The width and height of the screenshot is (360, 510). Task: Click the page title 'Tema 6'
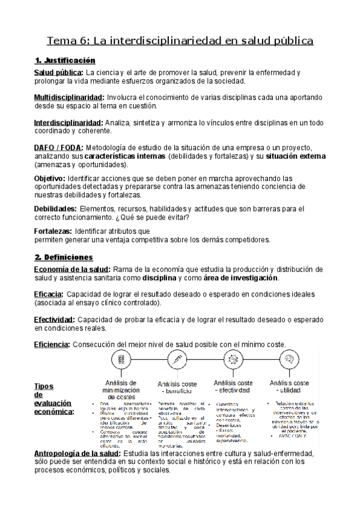coord(67,41)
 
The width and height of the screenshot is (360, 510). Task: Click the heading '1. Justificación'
coord(65,61)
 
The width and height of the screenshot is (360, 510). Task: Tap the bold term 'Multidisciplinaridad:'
coord(69,97)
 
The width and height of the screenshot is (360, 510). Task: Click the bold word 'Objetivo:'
coord(50,178)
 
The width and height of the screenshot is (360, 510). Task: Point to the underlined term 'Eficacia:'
coord(49,294)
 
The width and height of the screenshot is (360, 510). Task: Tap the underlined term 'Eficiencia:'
coord(52,345)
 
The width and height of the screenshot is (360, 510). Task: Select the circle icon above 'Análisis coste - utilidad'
coord(290,360)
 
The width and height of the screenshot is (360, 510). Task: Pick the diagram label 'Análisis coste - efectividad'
coord(233,387)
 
